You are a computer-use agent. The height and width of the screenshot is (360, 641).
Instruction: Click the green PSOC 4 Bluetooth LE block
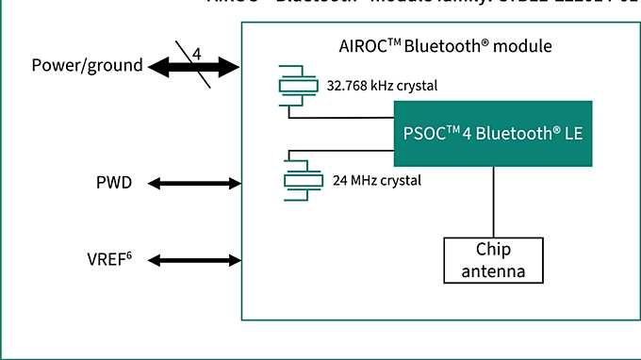click(493, 134)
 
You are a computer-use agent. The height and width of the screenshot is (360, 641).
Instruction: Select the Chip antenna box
click(493, 260)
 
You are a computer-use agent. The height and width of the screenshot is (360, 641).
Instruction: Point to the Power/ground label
click(87, 66)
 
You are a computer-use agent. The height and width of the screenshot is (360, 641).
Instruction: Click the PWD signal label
click(114, 182)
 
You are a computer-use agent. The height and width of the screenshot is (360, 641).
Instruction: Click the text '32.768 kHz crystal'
click(383, 86)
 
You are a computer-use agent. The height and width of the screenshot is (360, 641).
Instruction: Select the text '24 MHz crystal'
click(377, 179)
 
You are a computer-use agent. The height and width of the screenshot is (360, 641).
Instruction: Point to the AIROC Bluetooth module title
click(444, 45)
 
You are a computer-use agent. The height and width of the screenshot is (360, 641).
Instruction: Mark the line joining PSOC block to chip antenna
click(493, 202)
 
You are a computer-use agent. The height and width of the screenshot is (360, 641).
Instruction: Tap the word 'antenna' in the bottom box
click(493, 271)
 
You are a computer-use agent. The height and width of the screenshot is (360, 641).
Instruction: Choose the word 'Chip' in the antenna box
click(493, 251)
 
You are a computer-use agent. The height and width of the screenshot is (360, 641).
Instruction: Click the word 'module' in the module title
click(526, 45)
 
